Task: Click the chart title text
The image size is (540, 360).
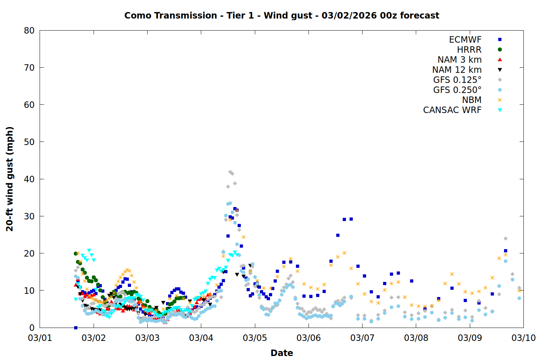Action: (282, 15)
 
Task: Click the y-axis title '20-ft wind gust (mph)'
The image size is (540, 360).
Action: (10, 179)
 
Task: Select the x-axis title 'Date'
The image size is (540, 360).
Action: (282, 353)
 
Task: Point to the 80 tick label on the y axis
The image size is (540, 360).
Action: (29, 31)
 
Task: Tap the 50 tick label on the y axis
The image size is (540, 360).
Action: (29, 142)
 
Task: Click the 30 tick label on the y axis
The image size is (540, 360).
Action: (29, 216)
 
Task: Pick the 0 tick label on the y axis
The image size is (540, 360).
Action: (32, 328)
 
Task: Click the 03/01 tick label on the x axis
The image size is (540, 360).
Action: (40, 338)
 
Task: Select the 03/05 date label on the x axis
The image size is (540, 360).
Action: (255, 338)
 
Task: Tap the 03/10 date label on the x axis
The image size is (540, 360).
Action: (523, 338)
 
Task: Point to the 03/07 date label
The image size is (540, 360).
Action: (362, 338)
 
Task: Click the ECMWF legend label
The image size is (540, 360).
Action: (465, 40)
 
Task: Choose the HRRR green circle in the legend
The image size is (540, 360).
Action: (500, 50)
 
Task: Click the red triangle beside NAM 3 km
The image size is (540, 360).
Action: (500, 59)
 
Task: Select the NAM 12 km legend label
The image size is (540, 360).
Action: (457, 70)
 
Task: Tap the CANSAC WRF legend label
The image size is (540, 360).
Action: (452, 110)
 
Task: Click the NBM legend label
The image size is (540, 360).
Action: (472, 100)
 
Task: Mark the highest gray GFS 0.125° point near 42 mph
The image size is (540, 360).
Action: (230, 172)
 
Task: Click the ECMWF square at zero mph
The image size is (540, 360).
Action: (76, 328)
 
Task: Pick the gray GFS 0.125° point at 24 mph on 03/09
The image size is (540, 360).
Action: (505, 238)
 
